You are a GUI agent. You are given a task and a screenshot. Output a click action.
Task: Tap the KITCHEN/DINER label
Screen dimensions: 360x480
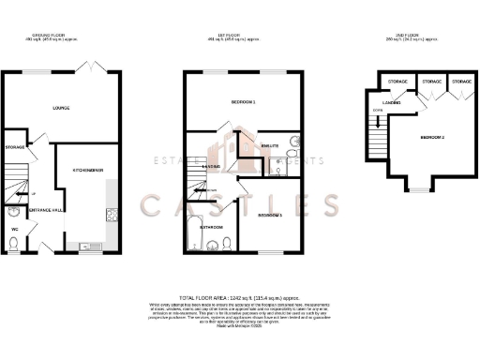[x=87, y=170]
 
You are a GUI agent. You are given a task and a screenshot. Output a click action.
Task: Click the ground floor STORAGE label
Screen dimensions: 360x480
[x=15, y=147]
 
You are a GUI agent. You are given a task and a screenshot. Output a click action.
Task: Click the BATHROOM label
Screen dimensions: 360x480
[x=210, y=226]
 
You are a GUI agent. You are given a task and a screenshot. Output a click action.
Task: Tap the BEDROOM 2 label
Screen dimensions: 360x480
[x=431, y=138]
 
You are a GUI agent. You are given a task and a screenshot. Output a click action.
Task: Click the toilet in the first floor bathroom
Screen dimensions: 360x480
[x=229, y=246]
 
